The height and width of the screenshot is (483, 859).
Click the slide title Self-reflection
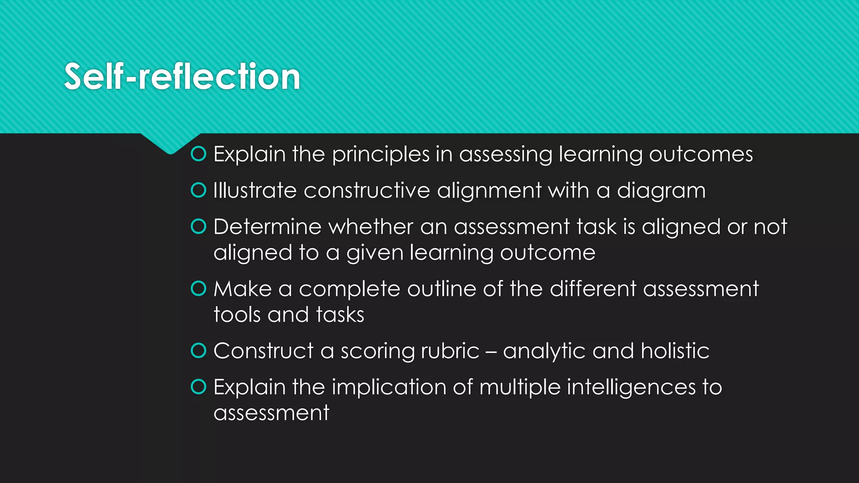(x=182, y=76)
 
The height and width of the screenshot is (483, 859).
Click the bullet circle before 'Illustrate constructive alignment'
(x=198, y=190)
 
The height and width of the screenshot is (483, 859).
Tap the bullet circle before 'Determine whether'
(x=198, y=227)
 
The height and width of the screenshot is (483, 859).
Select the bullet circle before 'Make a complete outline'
(x=198, y=288)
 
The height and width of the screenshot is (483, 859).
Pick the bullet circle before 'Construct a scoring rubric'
(x=198, y=351)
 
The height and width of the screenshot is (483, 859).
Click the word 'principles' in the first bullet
(x=380, y=155)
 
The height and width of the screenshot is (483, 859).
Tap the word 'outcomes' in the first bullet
(x=701, y=154)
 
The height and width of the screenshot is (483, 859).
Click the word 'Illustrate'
(x=255, y=190)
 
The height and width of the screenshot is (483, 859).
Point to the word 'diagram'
(x=661, y=191)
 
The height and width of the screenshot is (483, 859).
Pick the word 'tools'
(x=237, y=314)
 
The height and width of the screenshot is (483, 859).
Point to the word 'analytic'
(x=544, y=351)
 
